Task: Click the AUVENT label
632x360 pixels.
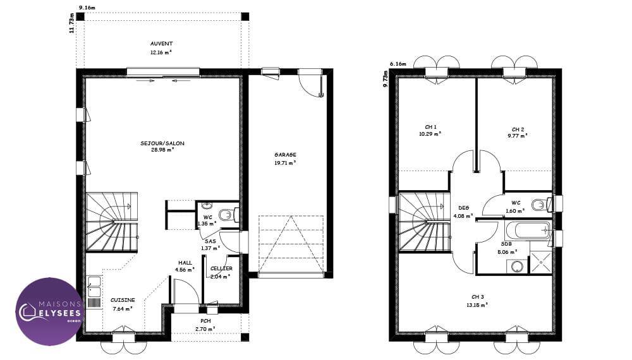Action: click(161, 44)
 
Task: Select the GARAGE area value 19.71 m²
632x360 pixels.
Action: click(286, 163)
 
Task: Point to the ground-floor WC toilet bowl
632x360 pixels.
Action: click(228, 215)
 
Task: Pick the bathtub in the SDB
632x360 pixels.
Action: click(527, 231)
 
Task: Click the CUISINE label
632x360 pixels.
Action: click(123, 300)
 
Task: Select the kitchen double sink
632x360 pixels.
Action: click(94, 287)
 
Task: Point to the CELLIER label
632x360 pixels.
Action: click(221, 268)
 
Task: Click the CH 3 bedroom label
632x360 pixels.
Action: click(477, 297)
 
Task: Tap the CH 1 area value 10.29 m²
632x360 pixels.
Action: click(430, 134)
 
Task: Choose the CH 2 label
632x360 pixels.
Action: click(518, 129)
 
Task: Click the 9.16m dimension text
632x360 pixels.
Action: click(87, 7)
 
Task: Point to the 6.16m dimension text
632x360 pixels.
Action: click(398, 64)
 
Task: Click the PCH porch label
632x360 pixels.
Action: click(205, 321)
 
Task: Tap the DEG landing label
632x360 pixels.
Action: click(463, 208)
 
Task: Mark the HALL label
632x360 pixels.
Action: click(185, 263)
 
